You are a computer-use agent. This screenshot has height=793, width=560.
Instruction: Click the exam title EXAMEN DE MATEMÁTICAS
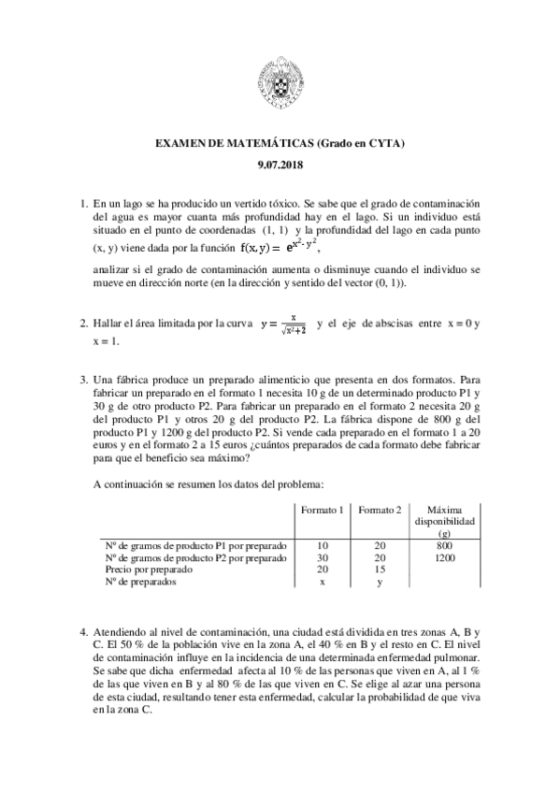pos(280,143)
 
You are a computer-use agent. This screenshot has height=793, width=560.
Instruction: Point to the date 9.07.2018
pos(280,166)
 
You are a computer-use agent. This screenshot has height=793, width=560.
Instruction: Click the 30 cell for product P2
pos(323,555)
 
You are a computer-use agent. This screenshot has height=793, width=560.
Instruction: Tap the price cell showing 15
pos(380,568)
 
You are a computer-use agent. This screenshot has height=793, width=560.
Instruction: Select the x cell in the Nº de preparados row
pos(323,580)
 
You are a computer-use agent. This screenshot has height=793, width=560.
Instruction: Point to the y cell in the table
pos(380,581)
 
